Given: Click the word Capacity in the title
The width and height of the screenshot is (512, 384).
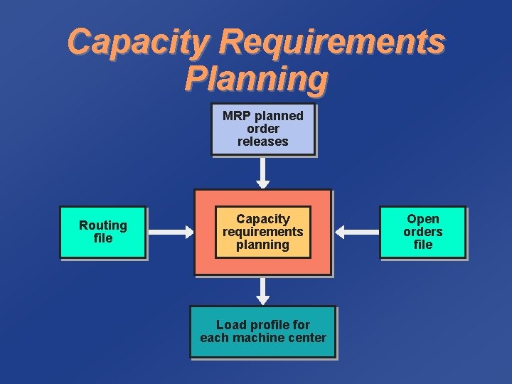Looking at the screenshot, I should (139, 43).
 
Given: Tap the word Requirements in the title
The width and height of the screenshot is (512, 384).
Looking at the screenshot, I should (331, 43).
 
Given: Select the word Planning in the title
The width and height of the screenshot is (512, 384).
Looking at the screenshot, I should (256, 78).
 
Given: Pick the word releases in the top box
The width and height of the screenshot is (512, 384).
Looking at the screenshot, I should (263, 142).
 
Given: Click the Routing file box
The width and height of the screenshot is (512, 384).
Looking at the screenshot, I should (103, 232).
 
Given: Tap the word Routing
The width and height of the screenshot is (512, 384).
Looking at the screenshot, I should (103, 225).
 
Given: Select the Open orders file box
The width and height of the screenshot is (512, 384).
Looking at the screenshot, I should (423, 232).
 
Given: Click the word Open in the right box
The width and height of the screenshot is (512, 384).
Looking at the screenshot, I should (423, 219).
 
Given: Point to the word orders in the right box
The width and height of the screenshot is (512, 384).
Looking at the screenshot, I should (423, 232).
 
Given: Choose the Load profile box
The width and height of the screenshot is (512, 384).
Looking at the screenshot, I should (262, 331).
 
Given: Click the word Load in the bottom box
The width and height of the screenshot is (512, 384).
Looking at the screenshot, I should (230, 325).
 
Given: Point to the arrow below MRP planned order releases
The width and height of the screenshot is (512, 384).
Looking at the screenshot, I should (263, 173).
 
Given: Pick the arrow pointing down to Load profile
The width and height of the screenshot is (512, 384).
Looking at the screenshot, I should (263, 291).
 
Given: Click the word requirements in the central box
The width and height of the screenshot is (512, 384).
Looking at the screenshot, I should (263, 232).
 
